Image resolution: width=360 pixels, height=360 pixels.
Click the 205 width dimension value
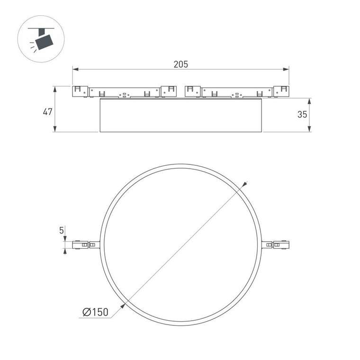(x=180, y=64)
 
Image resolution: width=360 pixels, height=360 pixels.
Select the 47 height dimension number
(x=47, y=112)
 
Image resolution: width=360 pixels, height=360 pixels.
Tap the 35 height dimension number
(x=302, y=114)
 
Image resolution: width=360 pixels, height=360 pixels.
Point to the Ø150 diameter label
(x=95, y=312)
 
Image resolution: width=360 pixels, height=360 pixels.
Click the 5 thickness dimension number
(x=62, y=230)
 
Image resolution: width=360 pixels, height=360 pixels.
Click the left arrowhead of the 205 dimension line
(x=75, y=70)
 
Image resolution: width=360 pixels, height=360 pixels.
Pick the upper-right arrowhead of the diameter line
(x=245, y=184)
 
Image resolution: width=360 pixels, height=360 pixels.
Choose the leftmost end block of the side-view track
(x=80, y=91)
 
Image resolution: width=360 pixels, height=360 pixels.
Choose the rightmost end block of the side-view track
(x=281, y=91)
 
